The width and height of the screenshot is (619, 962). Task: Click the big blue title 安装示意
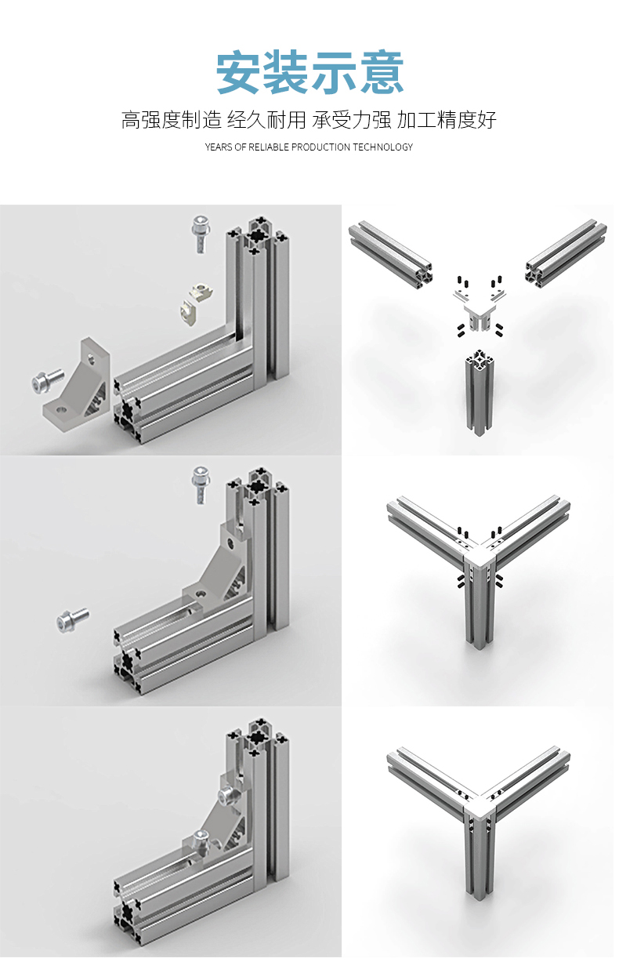(x=309, y=72)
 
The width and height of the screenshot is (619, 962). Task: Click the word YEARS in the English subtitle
(x=219, y=147)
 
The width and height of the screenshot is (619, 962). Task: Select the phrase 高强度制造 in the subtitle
(x=171, y=120)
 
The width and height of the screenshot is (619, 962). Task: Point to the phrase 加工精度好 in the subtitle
(x=447, y=120)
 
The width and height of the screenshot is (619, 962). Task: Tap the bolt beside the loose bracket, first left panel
(x=48, y=381)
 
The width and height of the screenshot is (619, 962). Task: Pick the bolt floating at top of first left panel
(x=200, y=234)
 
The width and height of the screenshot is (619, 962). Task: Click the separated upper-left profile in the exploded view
(x=390, y=254)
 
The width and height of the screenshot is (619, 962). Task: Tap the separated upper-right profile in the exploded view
(x=566, y=254)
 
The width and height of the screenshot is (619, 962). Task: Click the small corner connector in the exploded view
(x=480, y=310)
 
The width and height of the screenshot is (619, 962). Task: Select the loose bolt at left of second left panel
(x=73, y=621)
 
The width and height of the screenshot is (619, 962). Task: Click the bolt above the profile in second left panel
(x=201, y=485)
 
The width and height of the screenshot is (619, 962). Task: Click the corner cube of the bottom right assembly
(x=480, y=807)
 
